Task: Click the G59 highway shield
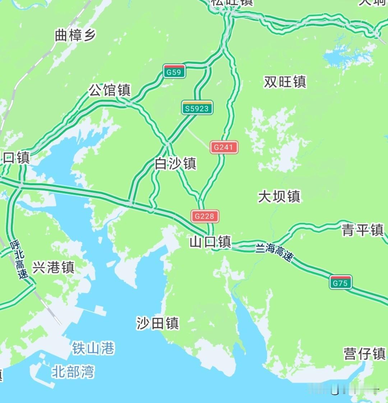tap(174, 72)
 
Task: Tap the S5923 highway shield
tap(197, 108)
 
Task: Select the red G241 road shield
tap(224, 147)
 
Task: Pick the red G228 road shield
tap(204, 216)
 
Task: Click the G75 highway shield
tap(341, 283)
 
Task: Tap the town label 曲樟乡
tap(75, 36)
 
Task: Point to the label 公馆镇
tap(110, 90)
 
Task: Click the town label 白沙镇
tap(175, 164)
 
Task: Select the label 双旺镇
tap(285, 82)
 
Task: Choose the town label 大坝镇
tap(279, 196)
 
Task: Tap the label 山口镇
tap(210, 242)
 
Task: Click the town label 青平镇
tap(362, 230)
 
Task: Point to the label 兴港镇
tap(54, 267)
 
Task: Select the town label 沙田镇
tap(158, 324)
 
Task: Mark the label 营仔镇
tap(364, 354)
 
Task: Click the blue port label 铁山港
tap(93, 348)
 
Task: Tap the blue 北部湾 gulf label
tap(73, 372)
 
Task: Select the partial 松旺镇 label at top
tap(232, 3)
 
